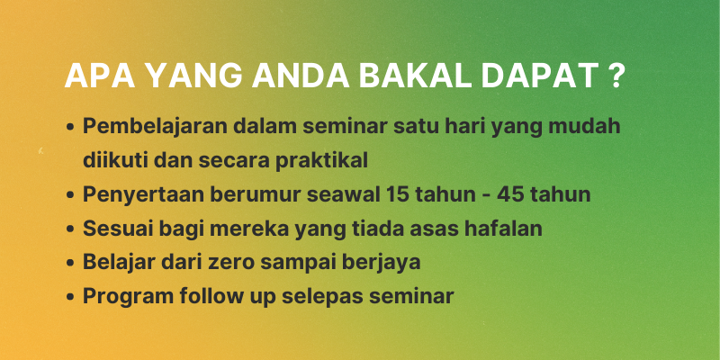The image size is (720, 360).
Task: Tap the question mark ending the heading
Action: click(616, 76)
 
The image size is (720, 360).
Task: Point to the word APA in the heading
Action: click(99, 76)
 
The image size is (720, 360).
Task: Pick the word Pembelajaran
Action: click(154, 127)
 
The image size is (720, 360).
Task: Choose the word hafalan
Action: click(503, 229)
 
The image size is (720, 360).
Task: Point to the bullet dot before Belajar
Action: click(70, 264)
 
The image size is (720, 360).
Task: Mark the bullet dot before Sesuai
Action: click(70, 229)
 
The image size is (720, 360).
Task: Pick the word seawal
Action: click(345, 194)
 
